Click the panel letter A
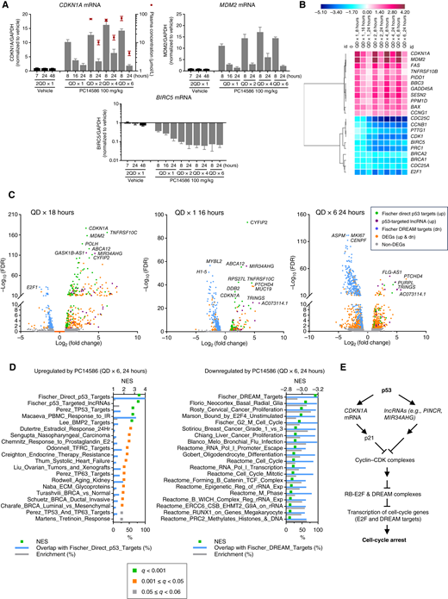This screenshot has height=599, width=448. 6,5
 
